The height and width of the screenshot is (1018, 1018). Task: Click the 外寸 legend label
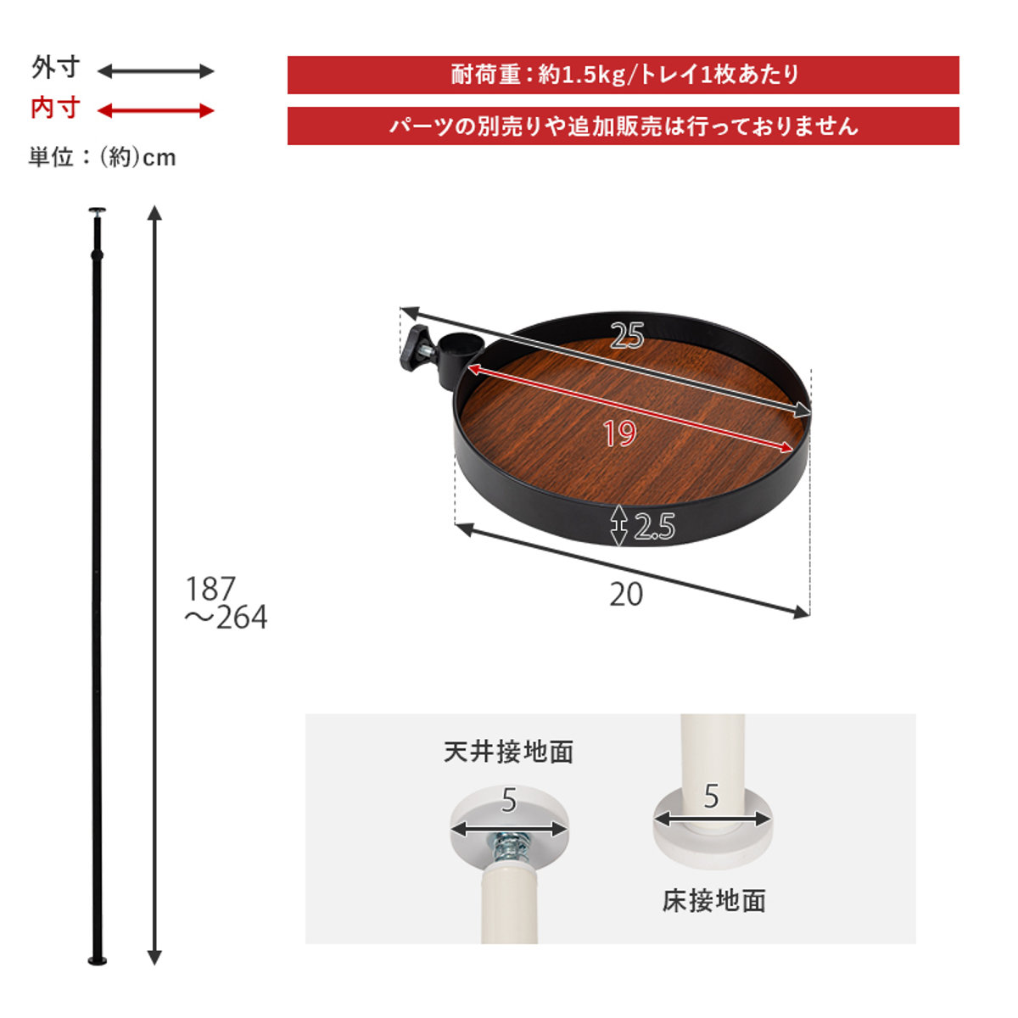(x=55, y=68)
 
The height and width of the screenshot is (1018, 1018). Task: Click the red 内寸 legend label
(x=55, y=109)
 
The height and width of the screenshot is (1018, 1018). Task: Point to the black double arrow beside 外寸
(x=156, y=71)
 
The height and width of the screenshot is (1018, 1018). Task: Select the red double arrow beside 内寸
(x=156, y=110)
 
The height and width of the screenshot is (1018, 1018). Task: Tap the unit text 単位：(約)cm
(x=102, y=157)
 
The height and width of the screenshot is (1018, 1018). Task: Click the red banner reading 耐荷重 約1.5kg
(x=623, y=75)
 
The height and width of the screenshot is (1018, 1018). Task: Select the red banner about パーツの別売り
(x=623, y=126)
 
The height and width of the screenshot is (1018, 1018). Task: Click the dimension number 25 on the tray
(x=627, y=336)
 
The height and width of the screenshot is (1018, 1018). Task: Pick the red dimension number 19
(x=620, y=433)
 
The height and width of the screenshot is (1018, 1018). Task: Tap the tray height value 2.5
(x=654, y=528)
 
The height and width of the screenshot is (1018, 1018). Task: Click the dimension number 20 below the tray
(x=626, y=595)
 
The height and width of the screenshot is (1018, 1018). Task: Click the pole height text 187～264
(x=225, y=603)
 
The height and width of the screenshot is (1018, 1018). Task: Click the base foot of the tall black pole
(x=98, y=960)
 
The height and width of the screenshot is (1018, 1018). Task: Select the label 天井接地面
(x=508, y=752)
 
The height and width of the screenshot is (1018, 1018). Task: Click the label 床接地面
(x=713, y=900)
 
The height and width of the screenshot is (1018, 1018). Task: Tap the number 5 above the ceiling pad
(x=509, y=800)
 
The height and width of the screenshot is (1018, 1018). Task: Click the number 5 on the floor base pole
(x=711, y=796)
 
